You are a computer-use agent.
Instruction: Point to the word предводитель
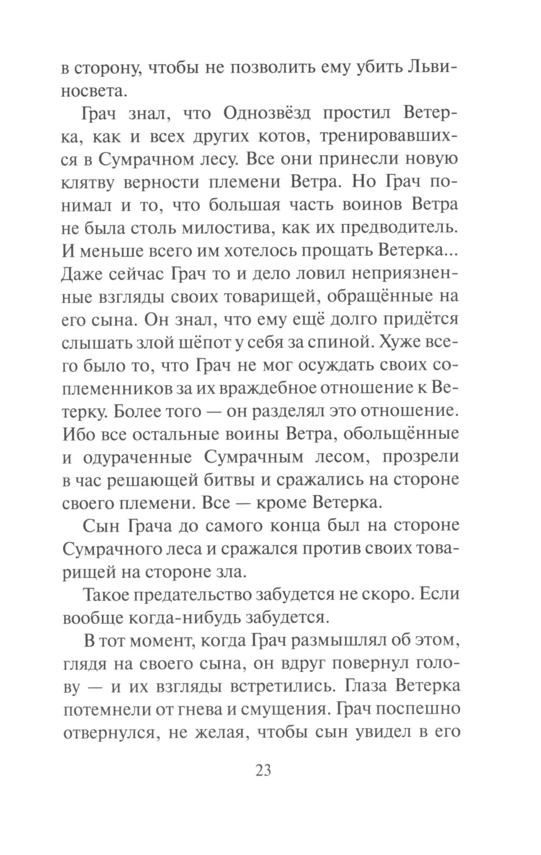(400, 227)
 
